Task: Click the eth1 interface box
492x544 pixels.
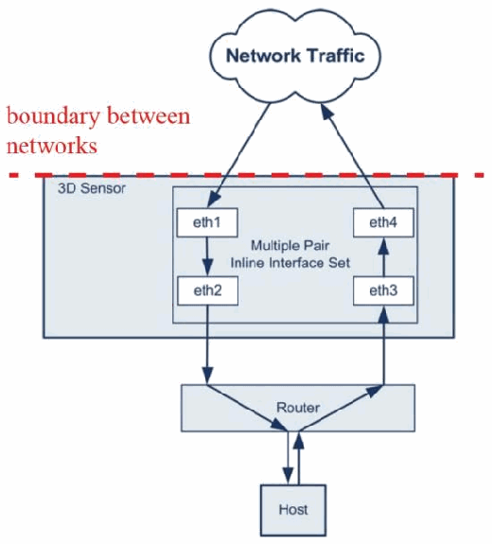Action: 207,222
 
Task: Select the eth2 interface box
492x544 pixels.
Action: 207,290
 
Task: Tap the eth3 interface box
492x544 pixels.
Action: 383,290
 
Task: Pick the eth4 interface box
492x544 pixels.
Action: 383,222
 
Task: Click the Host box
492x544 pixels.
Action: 293,510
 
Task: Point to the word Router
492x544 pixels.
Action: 298,408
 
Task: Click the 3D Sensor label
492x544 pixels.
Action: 92,188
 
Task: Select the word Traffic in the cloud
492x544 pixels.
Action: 336,56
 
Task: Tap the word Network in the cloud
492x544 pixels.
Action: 263,56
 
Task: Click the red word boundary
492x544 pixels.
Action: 53,117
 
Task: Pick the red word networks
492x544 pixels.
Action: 52,146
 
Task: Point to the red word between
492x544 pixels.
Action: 149,115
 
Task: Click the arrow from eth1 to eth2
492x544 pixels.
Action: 207,256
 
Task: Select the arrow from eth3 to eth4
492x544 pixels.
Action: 384,256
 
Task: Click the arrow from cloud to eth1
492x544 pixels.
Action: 238,155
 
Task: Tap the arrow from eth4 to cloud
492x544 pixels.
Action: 352,156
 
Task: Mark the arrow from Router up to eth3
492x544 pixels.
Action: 384,345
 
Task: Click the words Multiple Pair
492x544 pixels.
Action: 290,246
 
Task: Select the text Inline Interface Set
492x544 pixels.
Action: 290,263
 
